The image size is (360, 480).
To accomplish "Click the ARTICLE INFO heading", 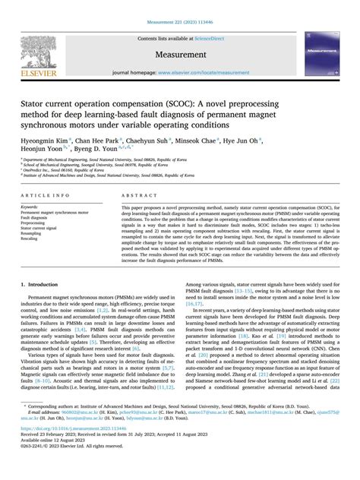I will pyautogui.click(x=42, y=195).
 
